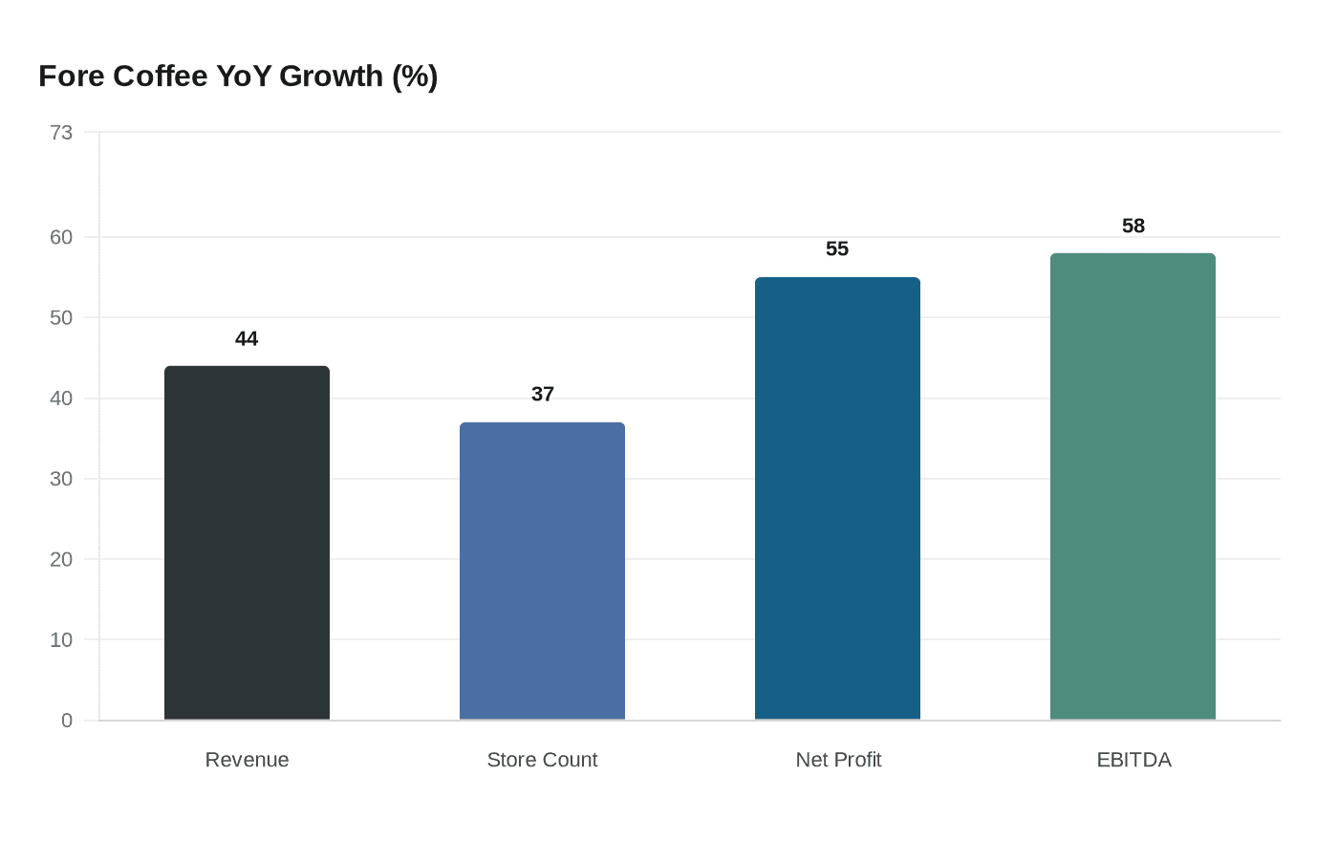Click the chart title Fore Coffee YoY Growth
coord(238,76)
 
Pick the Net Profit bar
coord(837,498)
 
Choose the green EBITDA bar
coord(1133,486)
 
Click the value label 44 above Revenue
coord(247,339)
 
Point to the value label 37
coord(542,395)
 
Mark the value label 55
coord(837,249)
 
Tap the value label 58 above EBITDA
coord(1133,226)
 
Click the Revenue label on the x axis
coord(247,760)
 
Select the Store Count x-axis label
coord(542,760)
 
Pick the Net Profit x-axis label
coord(838,760)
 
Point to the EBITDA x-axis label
coord(1133,760)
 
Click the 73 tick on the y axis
coord(61,133)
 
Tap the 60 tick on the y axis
coord(61,237)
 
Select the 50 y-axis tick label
coord(61,317)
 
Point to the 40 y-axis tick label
coord(61,399)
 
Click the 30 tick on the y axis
coord(61,479)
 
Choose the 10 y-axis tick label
coord(61,640)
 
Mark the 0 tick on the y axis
coord(67,721)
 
